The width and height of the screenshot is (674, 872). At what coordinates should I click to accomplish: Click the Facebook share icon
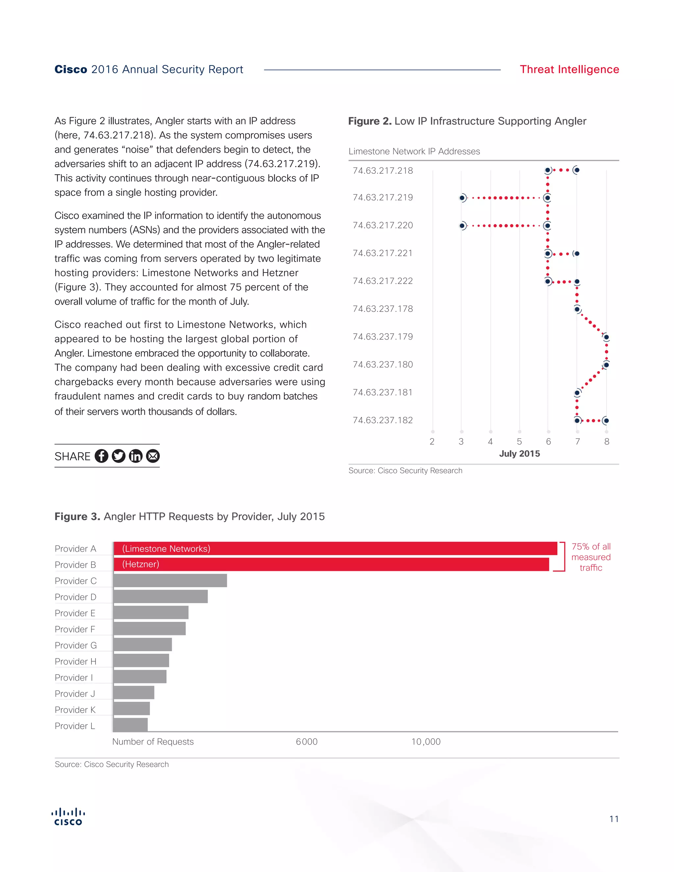(101, 456)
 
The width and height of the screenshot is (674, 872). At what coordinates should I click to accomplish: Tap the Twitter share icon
(118, 456)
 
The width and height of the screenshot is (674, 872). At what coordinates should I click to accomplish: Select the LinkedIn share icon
(136, 456)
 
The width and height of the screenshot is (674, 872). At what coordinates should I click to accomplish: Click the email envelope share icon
(153, 456)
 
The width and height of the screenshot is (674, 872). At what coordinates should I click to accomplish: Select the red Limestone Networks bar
(335, 549)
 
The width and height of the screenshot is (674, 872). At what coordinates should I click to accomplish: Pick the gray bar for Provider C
(170, 580)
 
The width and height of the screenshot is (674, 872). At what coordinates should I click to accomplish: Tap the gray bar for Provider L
(131, 725)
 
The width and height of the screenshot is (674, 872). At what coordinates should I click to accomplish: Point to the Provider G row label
(76, 646)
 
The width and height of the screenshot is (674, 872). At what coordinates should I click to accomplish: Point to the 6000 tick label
(307, 742)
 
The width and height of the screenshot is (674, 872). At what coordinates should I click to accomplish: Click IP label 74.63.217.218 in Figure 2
(382, 171)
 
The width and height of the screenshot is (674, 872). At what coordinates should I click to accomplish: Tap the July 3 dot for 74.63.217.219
(462, 198)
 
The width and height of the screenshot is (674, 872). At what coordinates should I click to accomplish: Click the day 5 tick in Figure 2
(519, 442)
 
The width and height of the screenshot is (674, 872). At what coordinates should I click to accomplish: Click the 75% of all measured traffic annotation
(591, 557)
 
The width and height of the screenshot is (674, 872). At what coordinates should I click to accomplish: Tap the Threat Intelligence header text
(569, 69)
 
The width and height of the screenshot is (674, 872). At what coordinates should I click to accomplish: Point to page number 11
(614, 819)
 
